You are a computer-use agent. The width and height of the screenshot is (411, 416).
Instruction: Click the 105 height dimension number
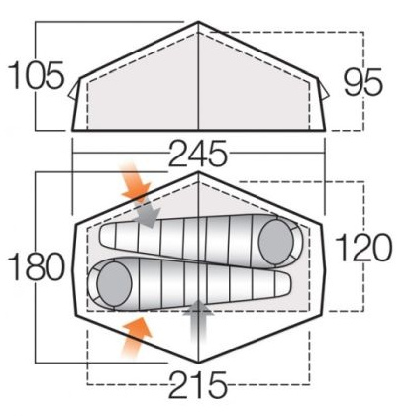pyautogui.click(x=36, y=75)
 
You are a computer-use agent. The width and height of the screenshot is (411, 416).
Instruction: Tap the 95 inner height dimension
pyautogui.click(x=363, y=82)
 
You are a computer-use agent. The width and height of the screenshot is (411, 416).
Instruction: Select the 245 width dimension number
pyautogui.click(x=198, y=153)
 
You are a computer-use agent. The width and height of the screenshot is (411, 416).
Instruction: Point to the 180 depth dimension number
pyautogui.click(x=37, y=266)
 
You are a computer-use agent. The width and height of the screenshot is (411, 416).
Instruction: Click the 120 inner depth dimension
pyautogui.click(x=363, y=247)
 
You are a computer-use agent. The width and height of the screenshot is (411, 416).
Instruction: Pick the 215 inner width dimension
pyautogui.click(x=198, y=385)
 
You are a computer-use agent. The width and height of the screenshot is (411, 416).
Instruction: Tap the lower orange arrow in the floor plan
pyautogui.click(x=136, y=338)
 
